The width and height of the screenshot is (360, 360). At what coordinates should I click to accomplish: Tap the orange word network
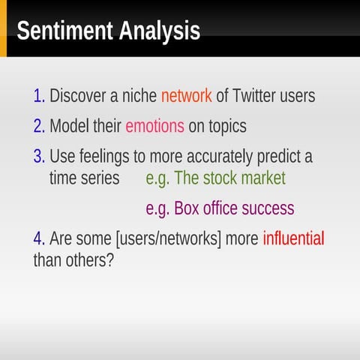tap(186, 97)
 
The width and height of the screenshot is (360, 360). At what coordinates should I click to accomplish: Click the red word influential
tap(293, 239)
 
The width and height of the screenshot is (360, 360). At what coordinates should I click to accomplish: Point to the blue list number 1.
tap(39, 97)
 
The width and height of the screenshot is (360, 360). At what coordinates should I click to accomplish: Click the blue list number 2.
tap(39, 127)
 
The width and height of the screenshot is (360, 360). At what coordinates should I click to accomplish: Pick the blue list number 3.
tap(39, 157)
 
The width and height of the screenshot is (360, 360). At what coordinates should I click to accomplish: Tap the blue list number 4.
tap(39, 239)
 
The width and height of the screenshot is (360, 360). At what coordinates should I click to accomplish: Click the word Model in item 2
tap(68, 127)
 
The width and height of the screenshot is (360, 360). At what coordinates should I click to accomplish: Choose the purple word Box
tap(187, 208)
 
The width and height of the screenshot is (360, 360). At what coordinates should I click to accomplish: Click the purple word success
tap(266, 208)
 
